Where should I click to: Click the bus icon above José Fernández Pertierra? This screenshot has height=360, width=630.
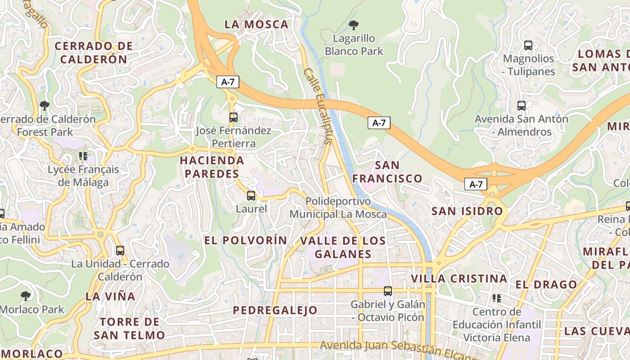coord(233,117)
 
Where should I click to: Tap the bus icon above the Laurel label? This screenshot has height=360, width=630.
coord(251,196)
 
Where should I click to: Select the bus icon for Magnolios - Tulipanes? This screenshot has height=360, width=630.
coord(528,45)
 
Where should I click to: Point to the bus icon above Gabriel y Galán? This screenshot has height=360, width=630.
coord(388,291)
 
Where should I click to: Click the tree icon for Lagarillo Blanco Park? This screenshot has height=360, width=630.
coord(354,25)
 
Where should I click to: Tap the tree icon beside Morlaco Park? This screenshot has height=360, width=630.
coord(26,296)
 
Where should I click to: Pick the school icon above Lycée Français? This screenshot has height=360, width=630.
coord(83,156)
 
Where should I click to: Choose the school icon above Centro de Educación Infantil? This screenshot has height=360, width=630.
coord(497,298)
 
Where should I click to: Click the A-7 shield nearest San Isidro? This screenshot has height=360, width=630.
coord(476,184)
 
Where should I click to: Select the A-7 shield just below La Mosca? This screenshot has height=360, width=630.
coord(228,82)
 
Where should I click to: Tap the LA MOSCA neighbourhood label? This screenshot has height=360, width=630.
coord(256,25)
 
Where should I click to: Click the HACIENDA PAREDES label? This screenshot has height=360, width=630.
coord(212,167)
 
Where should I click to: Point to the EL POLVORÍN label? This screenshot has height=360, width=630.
coord(246,240)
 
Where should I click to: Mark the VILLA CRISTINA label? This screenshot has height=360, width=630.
coord(459,279)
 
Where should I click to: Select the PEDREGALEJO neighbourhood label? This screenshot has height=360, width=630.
coord(275,310)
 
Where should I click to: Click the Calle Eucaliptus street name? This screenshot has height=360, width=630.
coord(317,106)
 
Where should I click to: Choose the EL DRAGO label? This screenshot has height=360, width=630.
coord(546,284)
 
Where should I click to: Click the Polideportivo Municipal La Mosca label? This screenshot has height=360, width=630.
coord(338,207)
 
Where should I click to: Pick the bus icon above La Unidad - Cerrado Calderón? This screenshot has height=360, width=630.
coord(120,251)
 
